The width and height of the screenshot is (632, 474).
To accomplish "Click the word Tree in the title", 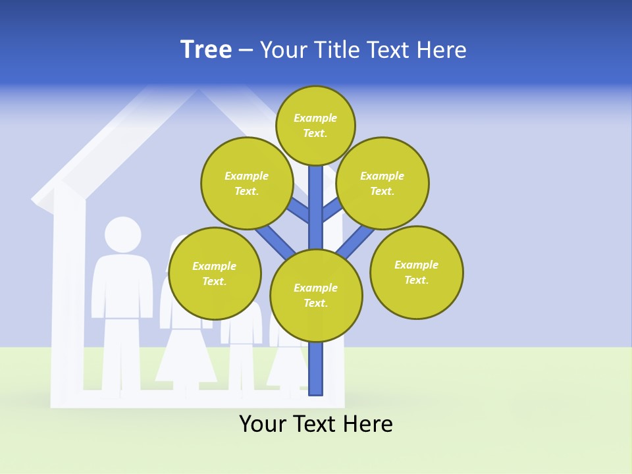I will pyautogui.click(x=206, y=50).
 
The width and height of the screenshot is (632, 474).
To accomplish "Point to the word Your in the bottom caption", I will pyautogui.click(x=262, y=424).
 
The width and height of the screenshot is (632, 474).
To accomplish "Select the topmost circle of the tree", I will pyautogui.click(x=315, y=125).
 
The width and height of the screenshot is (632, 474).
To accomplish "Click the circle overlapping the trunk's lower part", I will pyautogui.click(x=316, y=296).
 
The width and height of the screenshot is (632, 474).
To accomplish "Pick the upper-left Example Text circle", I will pyautogui.click(x=246, y=183).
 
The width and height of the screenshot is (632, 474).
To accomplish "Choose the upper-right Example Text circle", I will pyautogui.click(x=382, y=183).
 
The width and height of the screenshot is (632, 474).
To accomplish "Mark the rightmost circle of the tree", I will pyautogui.click(x=417, y=273).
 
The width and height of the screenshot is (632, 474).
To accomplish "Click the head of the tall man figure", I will pyautogui.click(x=122, y=235).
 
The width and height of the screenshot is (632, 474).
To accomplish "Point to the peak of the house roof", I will pyautogui.click(x=197, y=92).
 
